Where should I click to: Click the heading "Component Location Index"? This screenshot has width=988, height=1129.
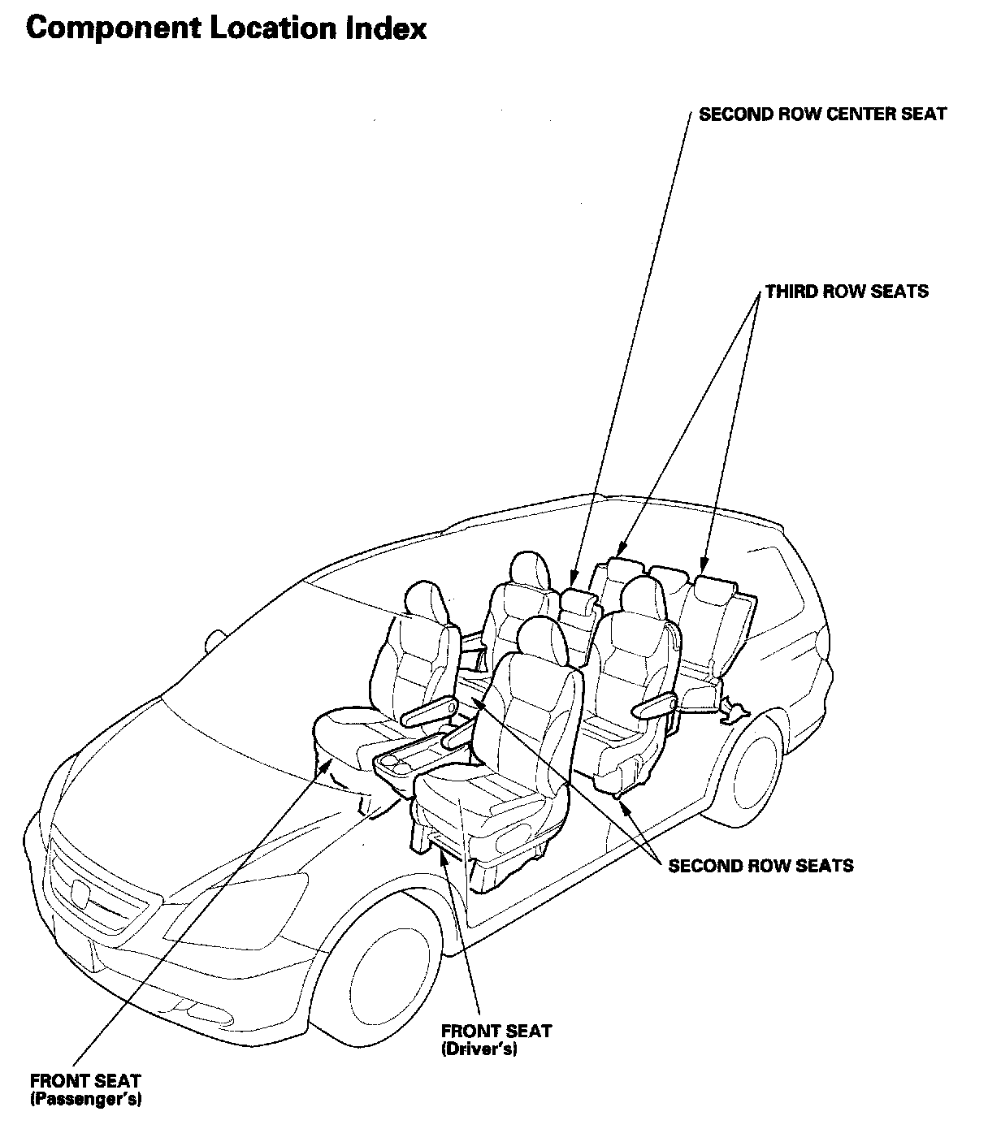pos(227,29)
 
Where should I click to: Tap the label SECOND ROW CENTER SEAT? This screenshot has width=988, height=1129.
pos(822,114)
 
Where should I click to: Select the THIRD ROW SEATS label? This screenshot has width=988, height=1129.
pos(846,291)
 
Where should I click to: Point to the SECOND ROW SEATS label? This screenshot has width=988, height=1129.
pos(760,865)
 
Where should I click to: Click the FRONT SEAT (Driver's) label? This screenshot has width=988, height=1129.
pos(496,1040)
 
